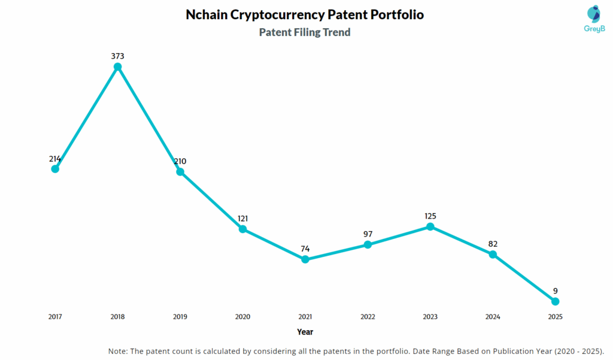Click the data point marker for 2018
click(x=118, y=66)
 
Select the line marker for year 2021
click(x=305, y=259)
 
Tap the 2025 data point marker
click(x=555, y=301)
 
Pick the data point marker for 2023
click(x=430, y=226)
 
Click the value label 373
click(x=118, y=56)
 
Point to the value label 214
click(x=55, y=159)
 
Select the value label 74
click(x=305, y=249)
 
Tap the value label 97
click(x=368, y=234)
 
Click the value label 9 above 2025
click(x=556, y=291)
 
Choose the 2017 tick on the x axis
click(x=55, y=316)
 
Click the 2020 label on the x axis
click(x=242, y=316)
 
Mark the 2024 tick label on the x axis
click(x=493, y=316)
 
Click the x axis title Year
click(x=305, y=331)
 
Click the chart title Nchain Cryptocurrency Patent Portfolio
click(x=305, y=15)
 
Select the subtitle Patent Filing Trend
click(x=305, y=32)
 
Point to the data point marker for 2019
click(x=180, y=171)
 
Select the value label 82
click(x=493, y=244)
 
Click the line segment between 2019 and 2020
click(x=211, y=200)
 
